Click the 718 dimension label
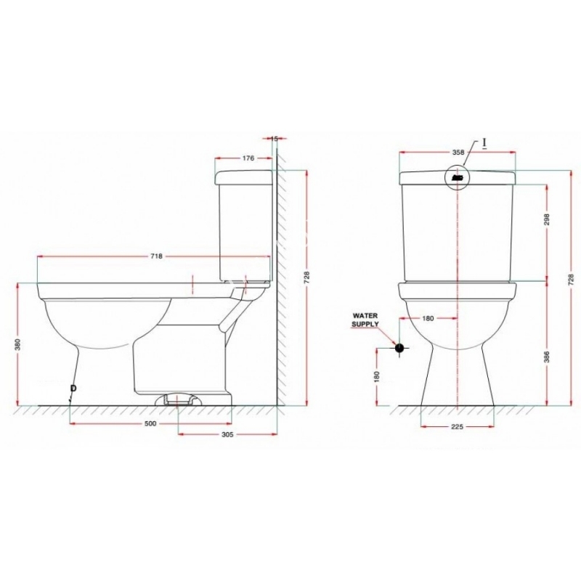click(x=156, y=256)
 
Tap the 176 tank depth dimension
click(x=248, y=158)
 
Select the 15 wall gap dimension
click(x=275, y=139)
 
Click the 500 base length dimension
click(x=151, y=423)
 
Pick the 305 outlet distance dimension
click(x=227, y=434)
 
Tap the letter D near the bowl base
click(x=73, y=389)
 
